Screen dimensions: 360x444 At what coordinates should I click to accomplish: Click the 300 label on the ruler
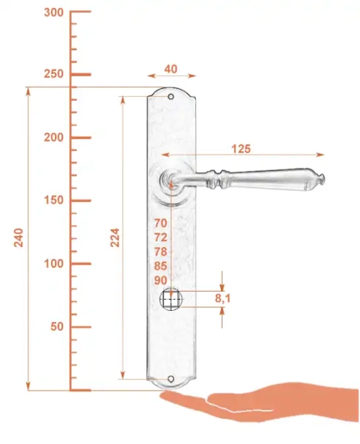click(x=54, y=13)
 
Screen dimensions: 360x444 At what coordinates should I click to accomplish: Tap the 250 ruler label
click(x=54, y=74)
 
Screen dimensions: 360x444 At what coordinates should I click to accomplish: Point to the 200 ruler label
click(x=54, y=138)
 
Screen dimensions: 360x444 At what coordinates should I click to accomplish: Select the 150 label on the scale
click(x=54, y=201)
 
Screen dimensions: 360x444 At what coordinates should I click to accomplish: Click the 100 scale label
click(x=54, y=263)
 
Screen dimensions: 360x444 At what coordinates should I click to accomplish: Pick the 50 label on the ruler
click(x=57, y=326)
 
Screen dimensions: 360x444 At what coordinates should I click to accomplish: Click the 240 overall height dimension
click(x=18, y=238)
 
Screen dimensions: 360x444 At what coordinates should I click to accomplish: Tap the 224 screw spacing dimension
click(x=115, y=238)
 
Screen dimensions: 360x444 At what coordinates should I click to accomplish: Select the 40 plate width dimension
click(x=171, y=69)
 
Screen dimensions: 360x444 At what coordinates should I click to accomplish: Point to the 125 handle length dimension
click(x=241, y=149)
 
